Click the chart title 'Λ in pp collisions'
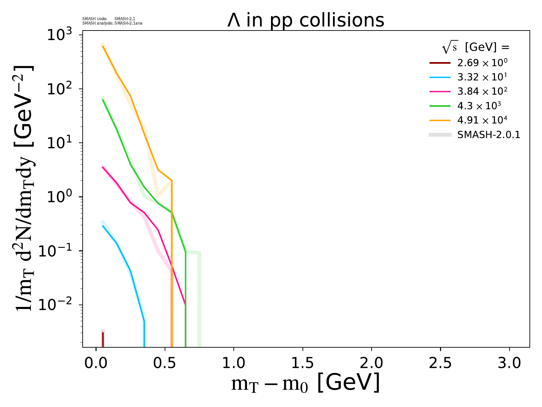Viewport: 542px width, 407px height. [x=306, y=21]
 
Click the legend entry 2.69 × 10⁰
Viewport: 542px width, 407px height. [x=482, y=63]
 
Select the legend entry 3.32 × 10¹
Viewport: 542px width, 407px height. [x=482, y=77]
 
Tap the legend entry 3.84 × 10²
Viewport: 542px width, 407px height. [x=482, y=92]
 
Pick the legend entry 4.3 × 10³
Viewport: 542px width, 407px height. [x=479, y=106]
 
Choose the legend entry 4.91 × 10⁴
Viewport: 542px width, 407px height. [x=482, y=120]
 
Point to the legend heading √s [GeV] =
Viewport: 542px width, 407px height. [x=476, y=48]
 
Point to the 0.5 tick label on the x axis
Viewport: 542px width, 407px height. [x=165, y=363]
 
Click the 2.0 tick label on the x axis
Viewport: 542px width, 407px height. [x=371, y=363]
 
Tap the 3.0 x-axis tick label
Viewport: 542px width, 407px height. [x=509, y=363]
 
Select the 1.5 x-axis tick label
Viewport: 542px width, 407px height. [x=303, y=363]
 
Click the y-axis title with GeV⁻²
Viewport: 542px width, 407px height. [x=25, y=188]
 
